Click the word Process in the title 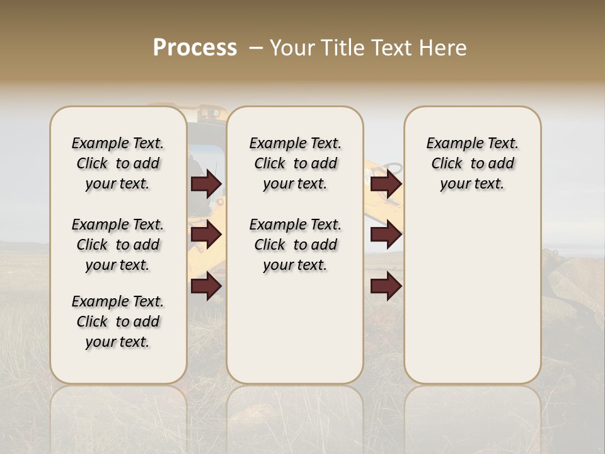pos(195,48)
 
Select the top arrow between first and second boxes pos(206,184)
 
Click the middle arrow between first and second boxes pos(206,235)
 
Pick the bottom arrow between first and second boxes pos(206,287)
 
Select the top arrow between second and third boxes pos(386,184)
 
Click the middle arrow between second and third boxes pos(386,235)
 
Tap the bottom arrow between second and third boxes pos(386,287)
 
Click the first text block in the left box pos(118,163)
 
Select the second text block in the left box pos(118,245)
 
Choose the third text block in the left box pos(118,322)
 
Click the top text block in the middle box pos(295,163)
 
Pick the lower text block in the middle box pos(295,245)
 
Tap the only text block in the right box pos(472,163)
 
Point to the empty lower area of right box pos(472,290)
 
